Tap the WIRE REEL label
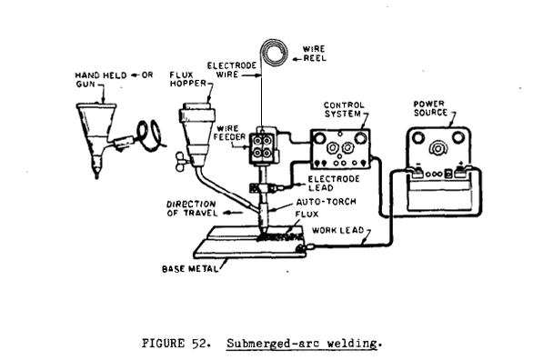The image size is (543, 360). pos(315,54)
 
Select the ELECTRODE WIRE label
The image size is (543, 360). pos(232,70)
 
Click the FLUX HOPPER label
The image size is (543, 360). pos(188,79)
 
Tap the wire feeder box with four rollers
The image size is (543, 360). pos(263,145)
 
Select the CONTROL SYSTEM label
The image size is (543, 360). pos(344,109)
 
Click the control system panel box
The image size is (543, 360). pos(340,149)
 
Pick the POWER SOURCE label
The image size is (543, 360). pos(430,108)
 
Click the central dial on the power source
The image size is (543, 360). pos(437,148)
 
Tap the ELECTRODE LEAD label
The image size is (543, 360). pos(334,184)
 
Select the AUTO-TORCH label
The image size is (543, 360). pos(326,202)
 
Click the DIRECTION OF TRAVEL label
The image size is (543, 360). pos(192,209)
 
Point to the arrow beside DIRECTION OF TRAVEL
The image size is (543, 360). pos(232,213)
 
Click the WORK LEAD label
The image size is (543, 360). pos(337,231)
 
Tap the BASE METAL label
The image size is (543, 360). pos(190,269)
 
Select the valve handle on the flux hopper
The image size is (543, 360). pos(180,161)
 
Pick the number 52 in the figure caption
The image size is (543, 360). pos(198,343)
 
